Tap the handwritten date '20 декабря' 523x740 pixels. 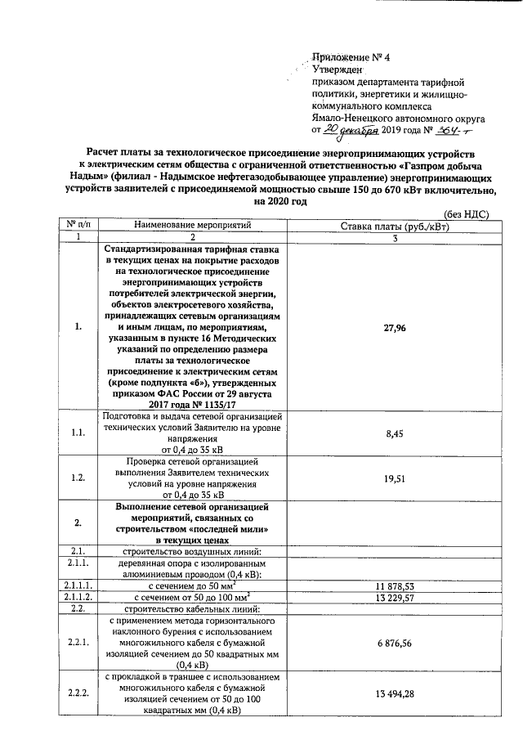click(354, 129)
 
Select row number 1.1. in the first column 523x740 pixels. click(78, 433)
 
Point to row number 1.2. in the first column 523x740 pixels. click(78, 478)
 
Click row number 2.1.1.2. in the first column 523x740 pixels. click(78, 598)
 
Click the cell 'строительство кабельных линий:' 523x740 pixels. click(189, 609)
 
